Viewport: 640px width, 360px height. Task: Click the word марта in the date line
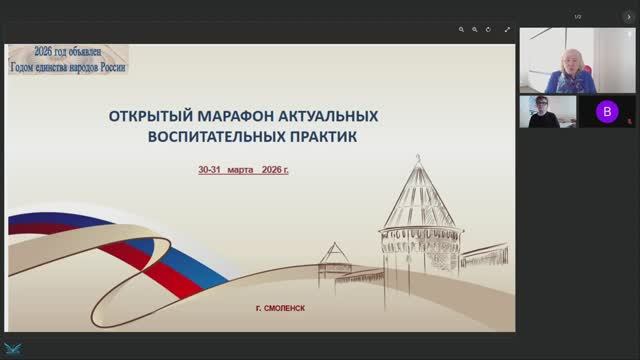coord(240,171)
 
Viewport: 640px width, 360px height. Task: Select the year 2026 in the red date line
coord(270,171)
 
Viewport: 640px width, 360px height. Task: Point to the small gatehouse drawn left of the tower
coord(334,262)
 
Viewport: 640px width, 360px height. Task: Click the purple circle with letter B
coord(606,112)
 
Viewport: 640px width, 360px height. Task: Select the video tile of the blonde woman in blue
coord(571,61)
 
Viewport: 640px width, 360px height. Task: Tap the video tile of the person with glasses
coord(547,112)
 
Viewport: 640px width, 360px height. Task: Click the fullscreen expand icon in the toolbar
coord(501,30)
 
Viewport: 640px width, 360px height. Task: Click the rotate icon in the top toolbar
coord(485,30)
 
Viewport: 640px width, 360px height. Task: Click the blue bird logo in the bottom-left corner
coord(13,349)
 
